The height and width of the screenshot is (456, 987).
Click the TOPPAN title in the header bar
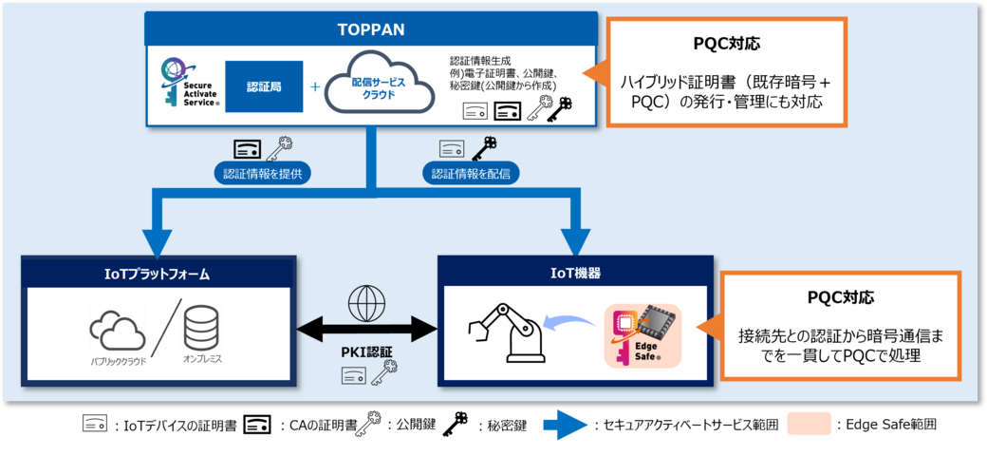point(370,28)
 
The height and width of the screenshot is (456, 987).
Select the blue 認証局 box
point(264,86)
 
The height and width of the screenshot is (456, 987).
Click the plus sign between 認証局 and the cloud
point(315,86)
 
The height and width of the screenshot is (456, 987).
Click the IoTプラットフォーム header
point(158,274)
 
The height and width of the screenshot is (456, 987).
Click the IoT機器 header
point(575,274)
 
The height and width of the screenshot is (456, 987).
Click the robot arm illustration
point(508,332)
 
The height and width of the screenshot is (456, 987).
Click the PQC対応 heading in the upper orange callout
point(726,45)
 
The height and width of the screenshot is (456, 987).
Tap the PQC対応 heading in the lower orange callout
point(840,296)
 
